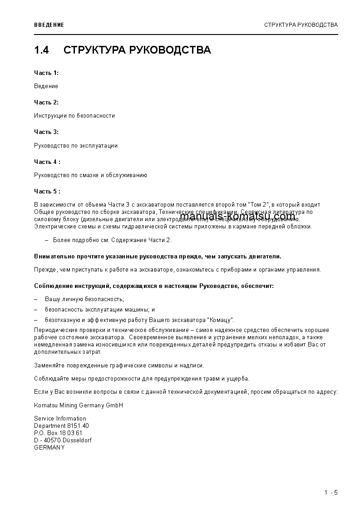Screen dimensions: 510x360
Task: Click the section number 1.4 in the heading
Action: (x=41, y=50)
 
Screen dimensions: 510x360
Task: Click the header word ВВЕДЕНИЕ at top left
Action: (x=49, y=25)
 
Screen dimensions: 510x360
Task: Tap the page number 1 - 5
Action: (x=331, y=493)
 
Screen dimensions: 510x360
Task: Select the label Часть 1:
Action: (x=46, y=73)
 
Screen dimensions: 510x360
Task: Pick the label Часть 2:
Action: (x=46, y=102)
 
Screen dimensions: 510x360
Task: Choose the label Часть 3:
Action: (x=46, y=132)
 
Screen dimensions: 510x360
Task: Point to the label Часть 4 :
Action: (x=47, y=162)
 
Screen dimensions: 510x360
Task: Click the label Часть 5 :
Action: (x=47, y=192)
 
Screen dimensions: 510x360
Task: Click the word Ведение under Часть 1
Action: (x=46, y=86)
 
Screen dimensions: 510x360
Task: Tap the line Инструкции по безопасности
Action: (x=74, y=116)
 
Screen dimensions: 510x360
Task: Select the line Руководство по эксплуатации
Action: (x=76, y=146)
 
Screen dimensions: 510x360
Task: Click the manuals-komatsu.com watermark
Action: (x=237, y=216)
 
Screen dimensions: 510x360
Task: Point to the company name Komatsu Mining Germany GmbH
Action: (x=79, y=405)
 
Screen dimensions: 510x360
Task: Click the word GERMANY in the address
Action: (x=49, y=447)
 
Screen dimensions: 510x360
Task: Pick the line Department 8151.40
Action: (x=61, y=426)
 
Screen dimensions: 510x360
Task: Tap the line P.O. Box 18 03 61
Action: (x=58, y=433)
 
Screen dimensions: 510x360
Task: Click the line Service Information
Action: (x=60, y=418)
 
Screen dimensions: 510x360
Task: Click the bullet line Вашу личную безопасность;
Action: (x=84, y=299)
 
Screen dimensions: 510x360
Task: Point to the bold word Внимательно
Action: (x=53, y=257)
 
